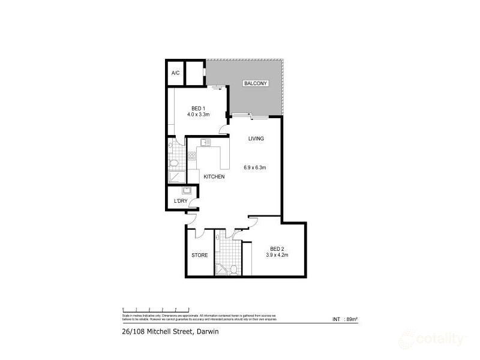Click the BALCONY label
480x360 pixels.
[x=255, y=84]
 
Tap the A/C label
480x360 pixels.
[x=175, y=73]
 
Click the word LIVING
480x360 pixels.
[x=256, y=139]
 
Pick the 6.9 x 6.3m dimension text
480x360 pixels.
[x=255, y=167]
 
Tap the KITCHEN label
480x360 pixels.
[x=214, y=176]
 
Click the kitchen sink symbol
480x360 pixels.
[x=205, y=143]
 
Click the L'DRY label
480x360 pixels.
[x=181, y=201]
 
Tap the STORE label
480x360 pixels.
[x=199, y=255]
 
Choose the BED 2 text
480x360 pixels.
[x=277, y=249]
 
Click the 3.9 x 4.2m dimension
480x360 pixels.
[x=277, y=255]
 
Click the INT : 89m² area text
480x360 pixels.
[x=344, y=319]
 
